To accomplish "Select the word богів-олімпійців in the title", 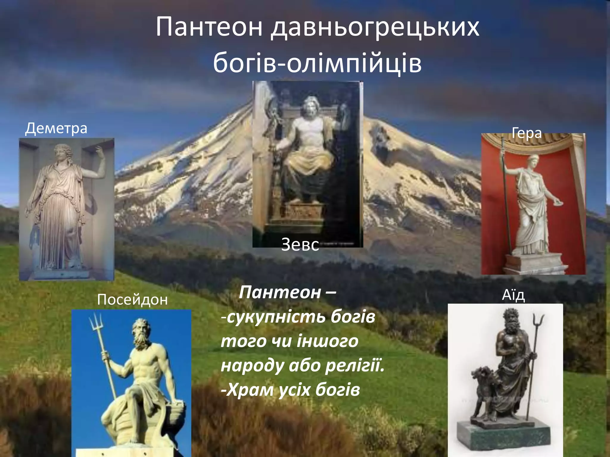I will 317,63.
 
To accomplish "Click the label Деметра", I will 56,128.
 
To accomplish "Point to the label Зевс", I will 300,245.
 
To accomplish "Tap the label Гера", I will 526,133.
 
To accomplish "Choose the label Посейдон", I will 132,300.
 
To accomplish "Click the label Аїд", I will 513,295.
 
